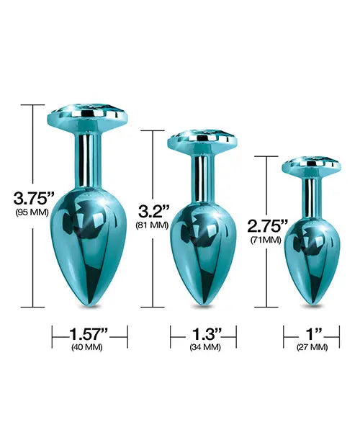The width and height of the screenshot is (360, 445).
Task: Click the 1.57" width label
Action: click(x=89, y=333)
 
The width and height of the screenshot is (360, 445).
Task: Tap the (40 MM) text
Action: click(x=89, y=347)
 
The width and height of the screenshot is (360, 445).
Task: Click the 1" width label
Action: click(x=312, y=333)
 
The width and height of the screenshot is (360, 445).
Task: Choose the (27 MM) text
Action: click(x=312, y=347)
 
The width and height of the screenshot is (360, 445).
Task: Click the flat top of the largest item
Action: click(x=89, y=115)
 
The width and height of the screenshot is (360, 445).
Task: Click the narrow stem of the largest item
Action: click(x=89, y=158)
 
